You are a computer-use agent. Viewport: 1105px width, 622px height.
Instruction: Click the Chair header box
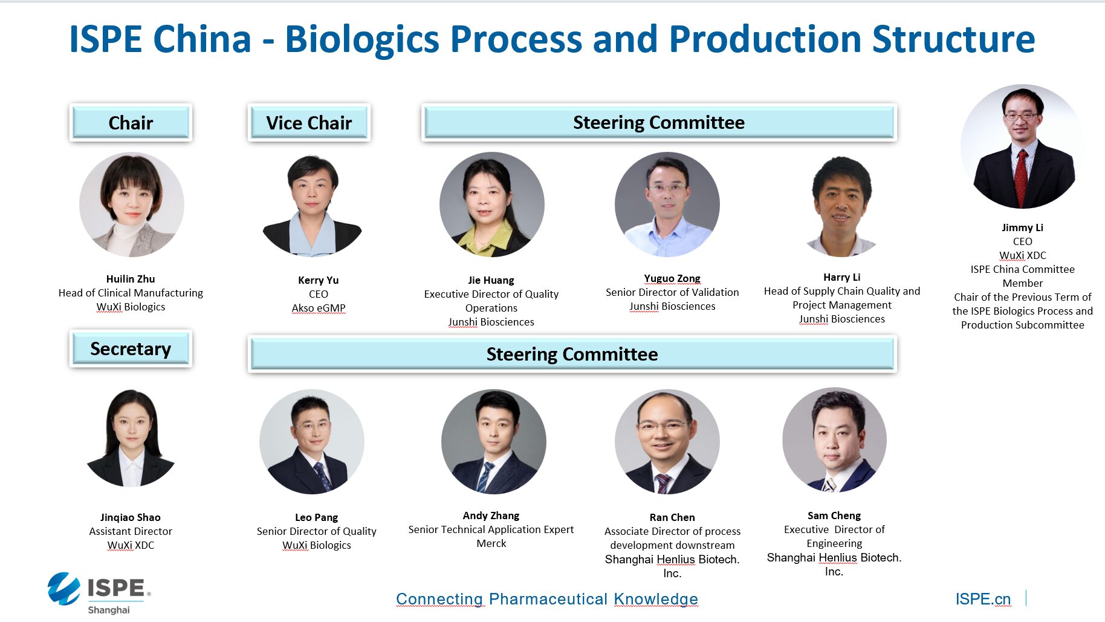pyautogui.click(x=131, y=122)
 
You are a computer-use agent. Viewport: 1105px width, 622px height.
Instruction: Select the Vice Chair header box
pyautogui.click(x=309, y=122)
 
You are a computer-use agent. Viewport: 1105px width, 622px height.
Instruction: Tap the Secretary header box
pyautogui.click(x=131, y=349)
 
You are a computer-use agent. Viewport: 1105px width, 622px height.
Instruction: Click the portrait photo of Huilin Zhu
pyautogui.click(x=132, y=205)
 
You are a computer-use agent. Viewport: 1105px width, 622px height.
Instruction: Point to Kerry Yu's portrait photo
pyautogui.click(x=312, y=205)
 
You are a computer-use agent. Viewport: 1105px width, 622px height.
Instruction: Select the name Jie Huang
pyautogui.click(x=491, y=280)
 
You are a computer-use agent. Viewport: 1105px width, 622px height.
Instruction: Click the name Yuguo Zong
pyautogui.click(x=672, y=278)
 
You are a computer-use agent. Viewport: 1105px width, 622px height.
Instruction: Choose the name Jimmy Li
pyautogui.click(x=1022, y=228)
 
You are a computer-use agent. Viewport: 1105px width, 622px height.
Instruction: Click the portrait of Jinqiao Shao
pyautogui.click(x=131, y=438)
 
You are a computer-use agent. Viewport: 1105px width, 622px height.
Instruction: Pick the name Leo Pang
pyautogui.click(x=316, y=517)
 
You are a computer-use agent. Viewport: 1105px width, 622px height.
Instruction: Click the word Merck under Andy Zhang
pyautogui.click(x=491, y=543)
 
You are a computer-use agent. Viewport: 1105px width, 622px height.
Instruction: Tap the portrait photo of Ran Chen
pyautogui.click(x=667, y=442)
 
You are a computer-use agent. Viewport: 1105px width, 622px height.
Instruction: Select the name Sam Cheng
pyautogui.click(x=834, y=516)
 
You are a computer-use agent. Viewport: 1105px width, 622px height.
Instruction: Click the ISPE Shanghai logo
pyautogui.click(x=99, y=592)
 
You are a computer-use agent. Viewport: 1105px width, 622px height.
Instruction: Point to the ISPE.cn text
pyautogui.click(x=983, y=599)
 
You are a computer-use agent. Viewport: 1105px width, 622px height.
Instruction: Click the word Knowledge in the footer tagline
pyautogui.click(x=656, y=599)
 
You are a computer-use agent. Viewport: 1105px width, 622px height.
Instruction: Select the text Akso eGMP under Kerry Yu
pyautogui.click(x=319, y=308)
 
